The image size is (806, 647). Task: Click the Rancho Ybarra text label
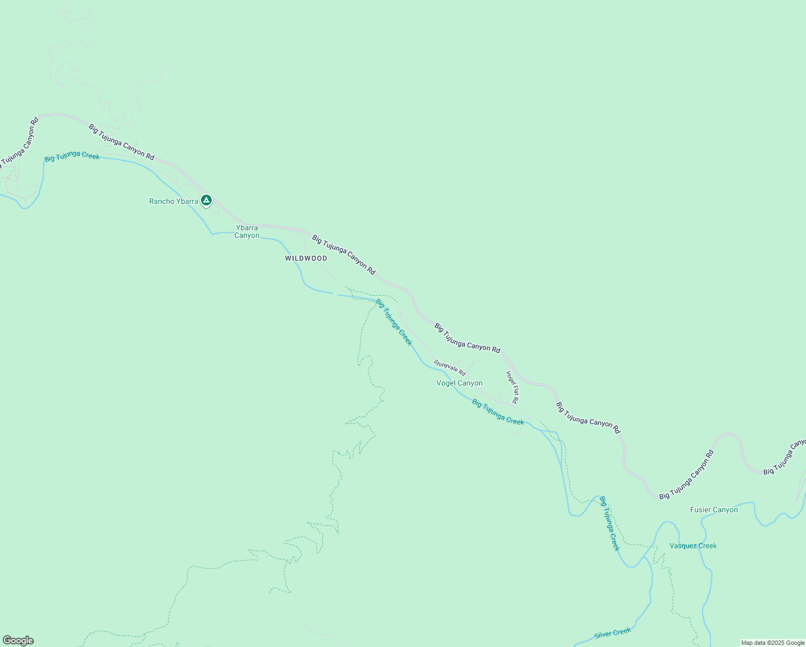173,202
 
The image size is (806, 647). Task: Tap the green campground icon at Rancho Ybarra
206,201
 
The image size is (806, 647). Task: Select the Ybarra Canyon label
247,231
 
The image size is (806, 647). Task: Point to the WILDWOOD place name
306,258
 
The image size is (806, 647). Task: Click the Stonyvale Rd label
449,368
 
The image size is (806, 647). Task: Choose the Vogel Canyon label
459,383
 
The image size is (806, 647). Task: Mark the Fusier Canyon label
714,510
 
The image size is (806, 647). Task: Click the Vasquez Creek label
693,546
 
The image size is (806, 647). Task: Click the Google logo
18,641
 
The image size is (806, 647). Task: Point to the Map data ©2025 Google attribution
773,643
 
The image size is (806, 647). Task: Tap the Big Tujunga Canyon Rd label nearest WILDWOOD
344,254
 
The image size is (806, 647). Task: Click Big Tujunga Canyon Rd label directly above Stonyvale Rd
467,338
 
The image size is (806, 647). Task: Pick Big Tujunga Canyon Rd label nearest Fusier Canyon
686,474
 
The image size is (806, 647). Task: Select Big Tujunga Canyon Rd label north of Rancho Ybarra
122,142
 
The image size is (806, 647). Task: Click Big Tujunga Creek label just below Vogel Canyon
498,412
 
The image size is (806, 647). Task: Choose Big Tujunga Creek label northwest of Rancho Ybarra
72,157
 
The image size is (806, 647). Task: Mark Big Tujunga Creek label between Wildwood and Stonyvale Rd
394,322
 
